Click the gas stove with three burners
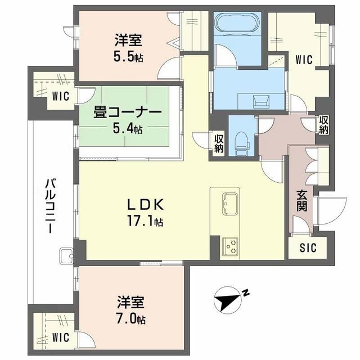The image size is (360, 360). tap(231, 245)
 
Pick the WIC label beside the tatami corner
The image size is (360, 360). tap(61, 96)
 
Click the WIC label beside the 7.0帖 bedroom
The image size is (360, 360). tap(61, 337)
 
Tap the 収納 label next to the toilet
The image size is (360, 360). tap(219, 143)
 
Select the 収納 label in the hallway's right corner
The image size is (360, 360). tap(324, 125)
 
